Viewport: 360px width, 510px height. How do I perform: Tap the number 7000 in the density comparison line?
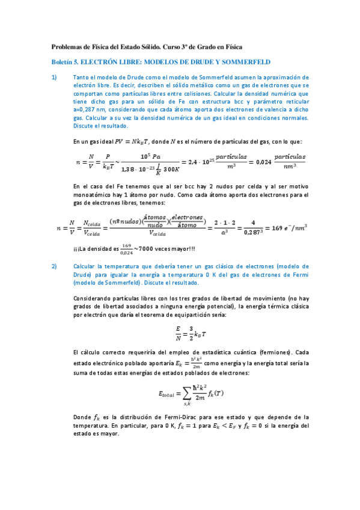click(145, 249)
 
